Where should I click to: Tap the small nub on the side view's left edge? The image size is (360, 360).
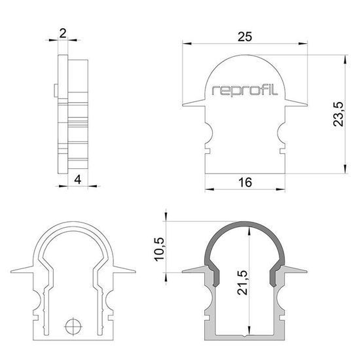[x=52, y=89]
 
